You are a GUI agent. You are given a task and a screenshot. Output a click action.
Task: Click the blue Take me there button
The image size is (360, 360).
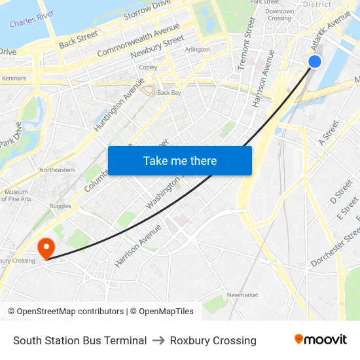180,160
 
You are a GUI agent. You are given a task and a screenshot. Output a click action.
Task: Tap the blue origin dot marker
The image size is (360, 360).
315,61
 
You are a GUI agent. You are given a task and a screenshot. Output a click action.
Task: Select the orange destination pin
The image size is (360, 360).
46,248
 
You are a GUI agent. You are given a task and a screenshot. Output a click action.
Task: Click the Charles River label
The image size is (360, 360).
31,18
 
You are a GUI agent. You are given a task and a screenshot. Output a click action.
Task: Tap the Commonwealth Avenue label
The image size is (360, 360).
138,40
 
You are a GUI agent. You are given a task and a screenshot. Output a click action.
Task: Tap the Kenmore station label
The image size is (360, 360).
14,78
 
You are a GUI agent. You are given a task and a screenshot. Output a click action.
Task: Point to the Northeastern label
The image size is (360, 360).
57,170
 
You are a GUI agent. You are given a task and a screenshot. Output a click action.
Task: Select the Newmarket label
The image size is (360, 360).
242,295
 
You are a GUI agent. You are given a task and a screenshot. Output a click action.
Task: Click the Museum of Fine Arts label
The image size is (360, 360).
18,195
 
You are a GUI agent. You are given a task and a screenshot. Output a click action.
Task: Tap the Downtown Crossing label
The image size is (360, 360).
279,14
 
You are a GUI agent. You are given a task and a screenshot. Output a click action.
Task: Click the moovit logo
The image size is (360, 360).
321,340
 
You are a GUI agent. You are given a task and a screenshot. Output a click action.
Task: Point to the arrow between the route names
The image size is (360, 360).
158,340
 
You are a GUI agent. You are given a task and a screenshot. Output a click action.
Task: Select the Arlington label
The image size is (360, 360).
198,49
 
